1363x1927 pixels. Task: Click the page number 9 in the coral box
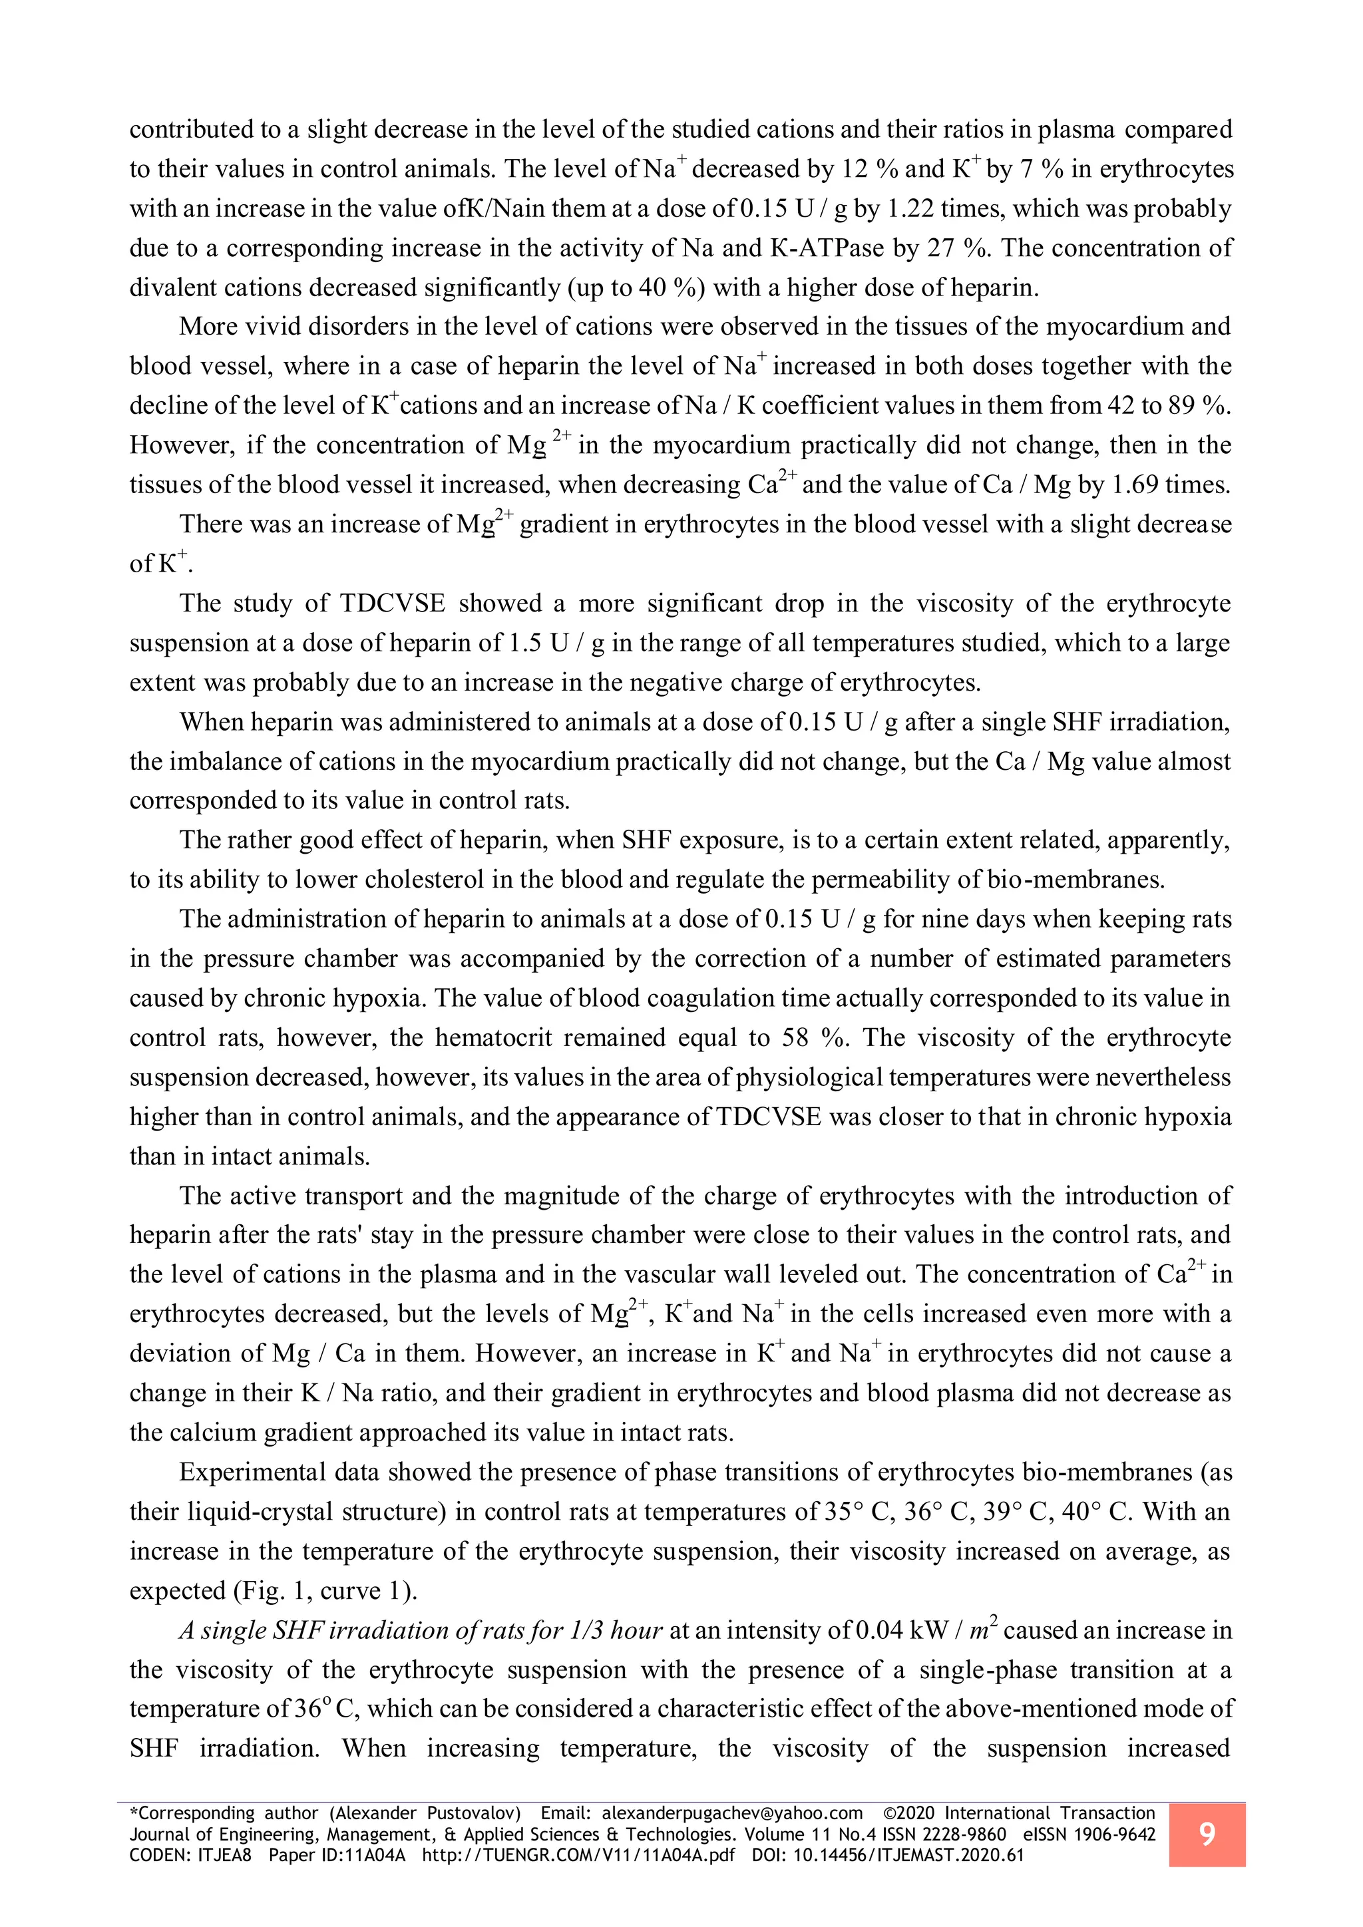[1206, 1834]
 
